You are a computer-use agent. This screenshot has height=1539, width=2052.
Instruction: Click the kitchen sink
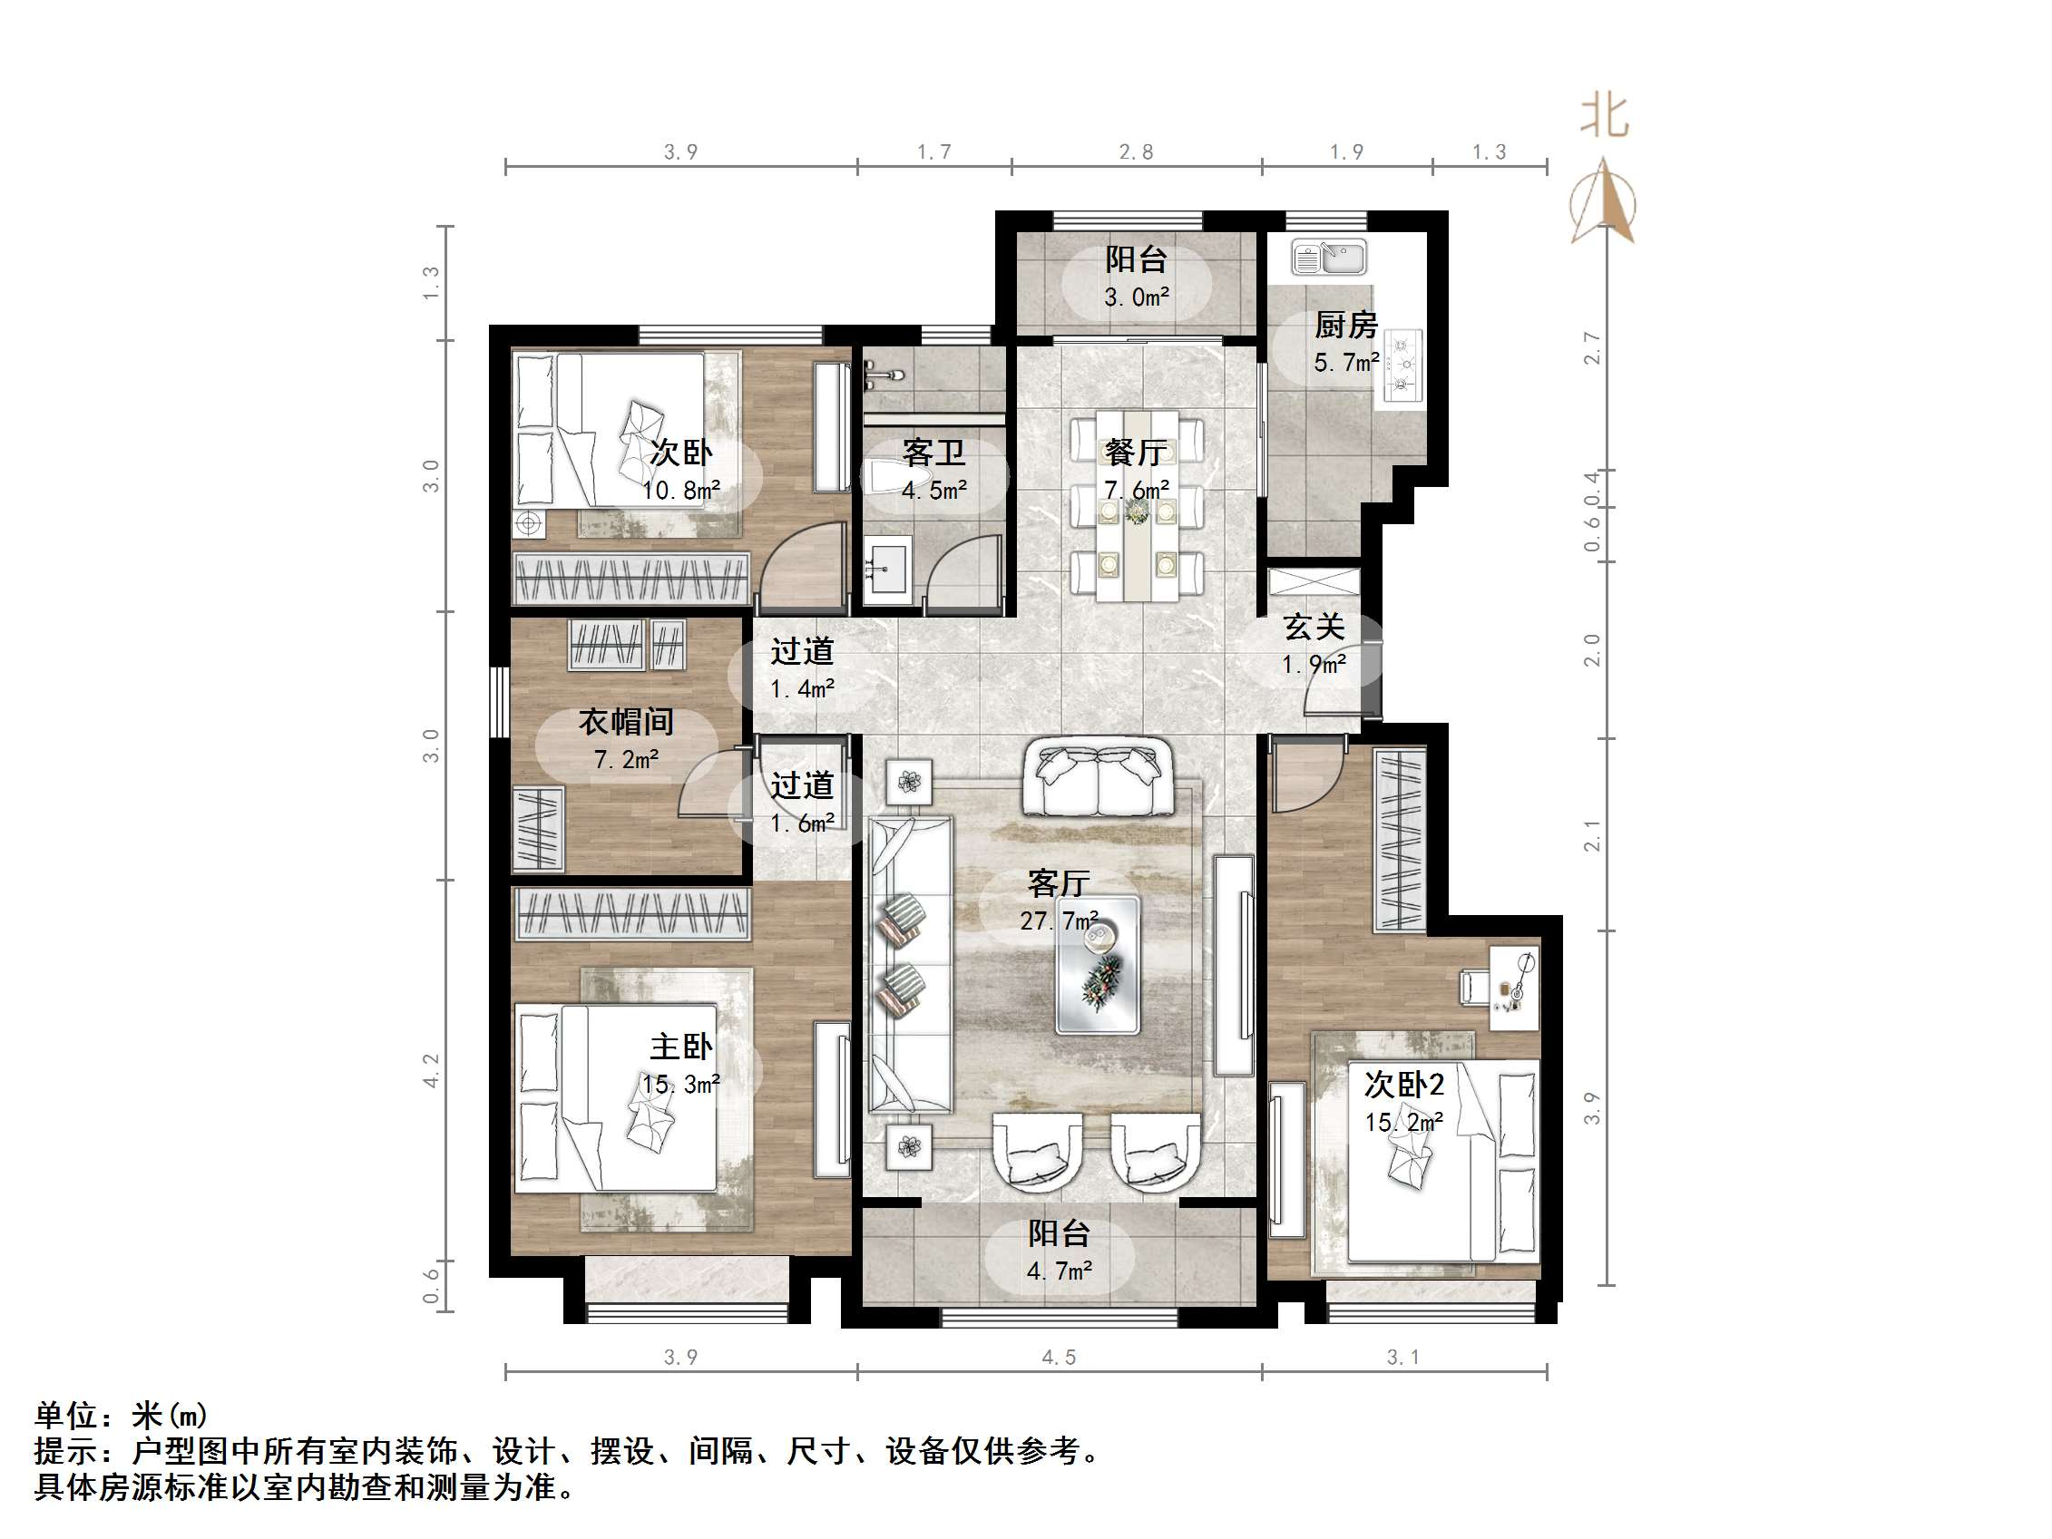(1329, 258)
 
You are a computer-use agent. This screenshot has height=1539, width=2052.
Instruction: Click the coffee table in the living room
(1098, 965)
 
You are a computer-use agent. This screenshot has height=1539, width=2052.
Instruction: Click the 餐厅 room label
(1136, 453)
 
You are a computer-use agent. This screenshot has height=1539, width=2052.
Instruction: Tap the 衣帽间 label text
(626, 722)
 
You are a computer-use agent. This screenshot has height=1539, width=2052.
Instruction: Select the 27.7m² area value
(1059, 921)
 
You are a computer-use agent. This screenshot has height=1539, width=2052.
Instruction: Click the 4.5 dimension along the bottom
(1059, 1359)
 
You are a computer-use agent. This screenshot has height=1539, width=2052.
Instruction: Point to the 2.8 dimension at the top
(1136, 152)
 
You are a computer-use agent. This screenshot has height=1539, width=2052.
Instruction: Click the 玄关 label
(1314, 628)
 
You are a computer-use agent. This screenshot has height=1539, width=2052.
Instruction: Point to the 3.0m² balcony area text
(1136, 297)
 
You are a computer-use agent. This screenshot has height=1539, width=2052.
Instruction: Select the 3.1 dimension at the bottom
(1402, 1359)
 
